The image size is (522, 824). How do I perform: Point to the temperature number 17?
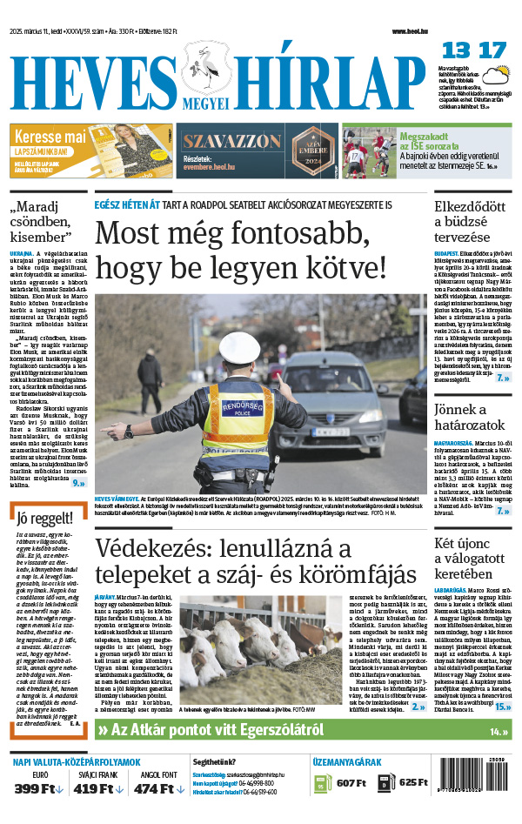pos(492,50)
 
